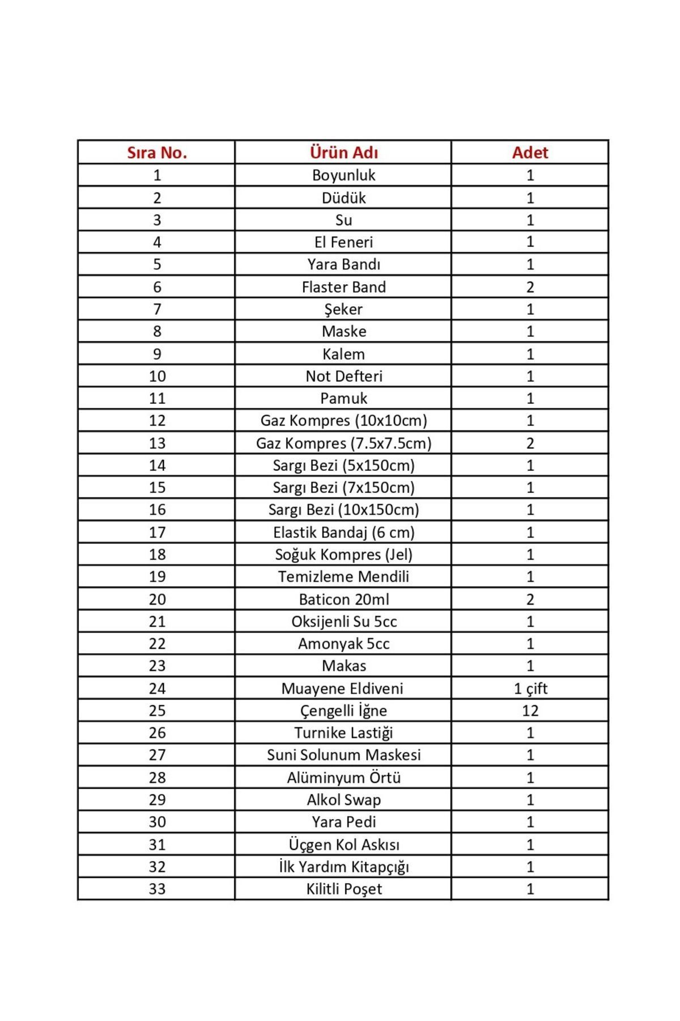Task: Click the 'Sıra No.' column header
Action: pos(156,153)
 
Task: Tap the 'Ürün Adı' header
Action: pos(343,153)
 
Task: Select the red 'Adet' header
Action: pos(530,153)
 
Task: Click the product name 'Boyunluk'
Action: pos(343,175)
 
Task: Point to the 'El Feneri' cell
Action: pos(343,242)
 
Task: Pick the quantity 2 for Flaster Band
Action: pos(530,287)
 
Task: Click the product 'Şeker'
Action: pos(343,309)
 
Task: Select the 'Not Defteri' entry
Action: pos(343,376)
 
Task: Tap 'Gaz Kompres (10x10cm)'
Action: pos(343,421)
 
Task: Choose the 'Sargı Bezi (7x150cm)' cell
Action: pos(343,487)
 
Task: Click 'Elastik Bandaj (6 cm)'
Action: pos(343,532)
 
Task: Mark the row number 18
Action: pos(157,554)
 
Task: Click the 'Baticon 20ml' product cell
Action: pos(343,599)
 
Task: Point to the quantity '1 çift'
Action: pos(530,688)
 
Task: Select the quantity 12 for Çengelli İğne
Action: pos(530,710)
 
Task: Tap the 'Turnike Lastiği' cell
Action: pos(343,733)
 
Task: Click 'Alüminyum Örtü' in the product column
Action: pos(343,777)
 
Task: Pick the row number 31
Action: pos(157,844)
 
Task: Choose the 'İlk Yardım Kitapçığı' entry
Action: pos(343,867)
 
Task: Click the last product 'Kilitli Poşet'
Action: pos(343,889)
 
